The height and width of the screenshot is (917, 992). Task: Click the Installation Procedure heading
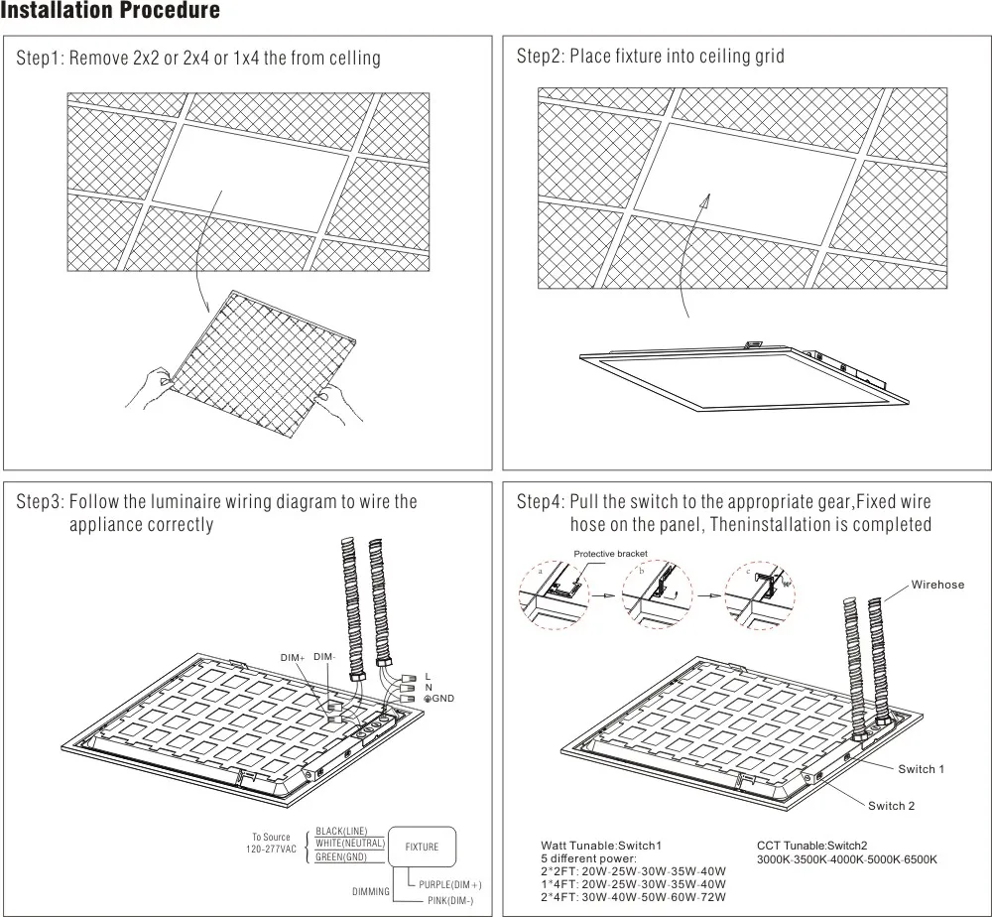(110, 13)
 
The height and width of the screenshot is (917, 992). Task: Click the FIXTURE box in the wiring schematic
(422, 848)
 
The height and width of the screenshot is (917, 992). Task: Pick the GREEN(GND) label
(341, 857)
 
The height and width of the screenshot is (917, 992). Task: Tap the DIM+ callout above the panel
(292, 658)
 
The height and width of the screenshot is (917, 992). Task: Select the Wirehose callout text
(937, 585)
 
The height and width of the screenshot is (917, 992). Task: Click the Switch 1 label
(921, 769)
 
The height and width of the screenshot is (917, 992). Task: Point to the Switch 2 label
(891, 806)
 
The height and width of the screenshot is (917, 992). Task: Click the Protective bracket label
(610, 554)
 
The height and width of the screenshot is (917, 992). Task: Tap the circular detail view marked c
(760, 595)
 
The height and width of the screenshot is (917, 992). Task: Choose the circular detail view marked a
(552, 595)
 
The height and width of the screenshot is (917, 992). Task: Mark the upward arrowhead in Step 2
(706, 197)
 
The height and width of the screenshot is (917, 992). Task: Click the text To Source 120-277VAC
(271, 843)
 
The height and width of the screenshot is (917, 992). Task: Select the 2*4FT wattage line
(633, 896)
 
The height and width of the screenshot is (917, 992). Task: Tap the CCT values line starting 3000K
(846, 859)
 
